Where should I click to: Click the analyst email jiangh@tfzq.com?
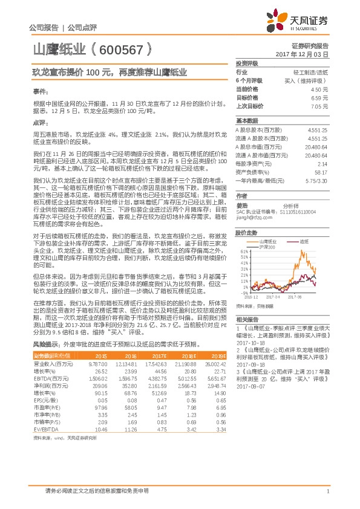252,216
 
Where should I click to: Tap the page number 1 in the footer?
327,491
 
